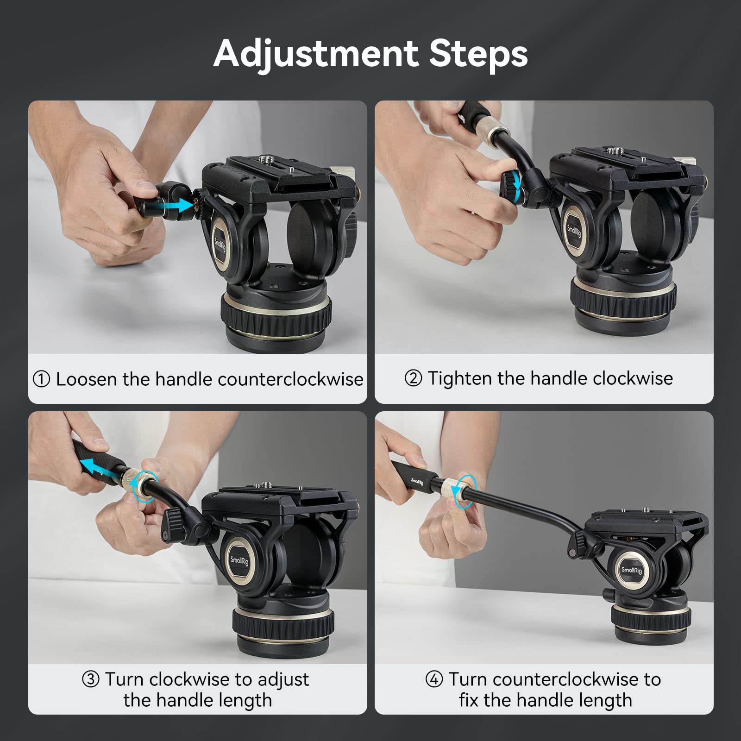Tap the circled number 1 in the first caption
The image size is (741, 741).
41,379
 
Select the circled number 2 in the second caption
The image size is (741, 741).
413,378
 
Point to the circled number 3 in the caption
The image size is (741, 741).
91,679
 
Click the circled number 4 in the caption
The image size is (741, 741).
434,679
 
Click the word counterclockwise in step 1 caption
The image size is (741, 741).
290,379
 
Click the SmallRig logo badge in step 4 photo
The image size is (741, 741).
631,570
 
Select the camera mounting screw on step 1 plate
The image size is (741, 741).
266,159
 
